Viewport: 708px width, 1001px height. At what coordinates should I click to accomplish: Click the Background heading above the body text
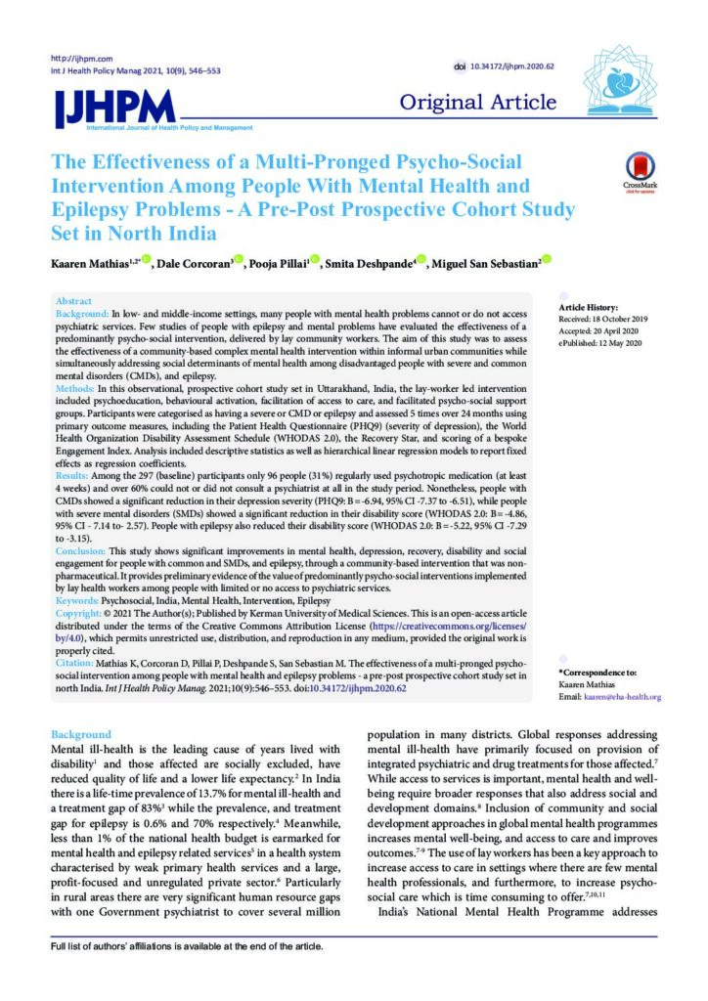(81, 734)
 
